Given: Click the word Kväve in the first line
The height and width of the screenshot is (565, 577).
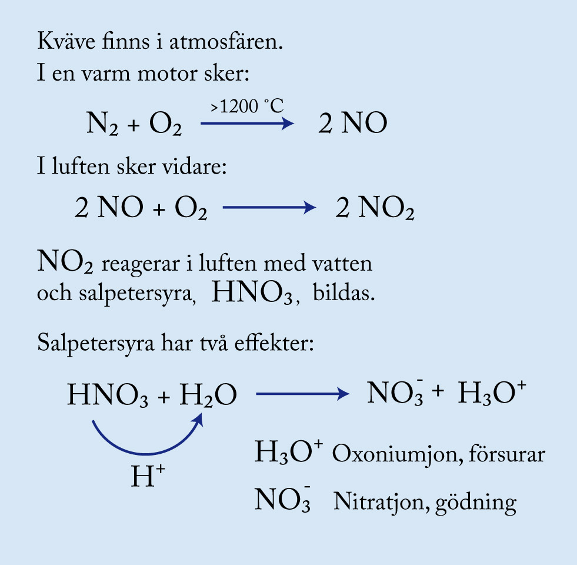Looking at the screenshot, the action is (x=66, y=41).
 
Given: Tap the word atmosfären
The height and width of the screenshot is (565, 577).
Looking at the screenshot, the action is (x=226, y=41).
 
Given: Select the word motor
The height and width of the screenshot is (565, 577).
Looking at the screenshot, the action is (x=168, y=74).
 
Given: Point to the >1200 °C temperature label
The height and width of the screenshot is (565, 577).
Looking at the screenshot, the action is (x=247, y=106).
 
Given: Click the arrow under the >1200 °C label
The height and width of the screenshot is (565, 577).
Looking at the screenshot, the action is (x=247, y=123).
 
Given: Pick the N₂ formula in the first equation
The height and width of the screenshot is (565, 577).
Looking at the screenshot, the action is (x=102, y=124).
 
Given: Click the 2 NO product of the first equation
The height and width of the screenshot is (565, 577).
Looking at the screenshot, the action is (x=352, y=123).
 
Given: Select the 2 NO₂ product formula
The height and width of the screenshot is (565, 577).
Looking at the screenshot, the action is (x=375, y=208).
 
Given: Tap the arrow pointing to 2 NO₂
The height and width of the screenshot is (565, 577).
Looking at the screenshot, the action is (x=269, y=207).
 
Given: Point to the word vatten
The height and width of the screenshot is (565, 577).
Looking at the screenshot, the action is (x=342, y=264).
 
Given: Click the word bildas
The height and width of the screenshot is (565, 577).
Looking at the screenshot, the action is (x=343, y=293).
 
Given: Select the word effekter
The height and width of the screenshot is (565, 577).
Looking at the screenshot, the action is (x=274, y=343).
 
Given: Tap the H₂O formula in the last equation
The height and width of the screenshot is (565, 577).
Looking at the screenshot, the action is (x=208, y=395).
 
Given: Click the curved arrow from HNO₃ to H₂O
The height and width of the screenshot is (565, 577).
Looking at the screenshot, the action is (x=146, y=453).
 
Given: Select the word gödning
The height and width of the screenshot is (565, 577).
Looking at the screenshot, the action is (x=476, y=503).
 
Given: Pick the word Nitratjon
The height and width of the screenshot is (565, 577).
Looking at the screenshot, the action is (x=381, y=501).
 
